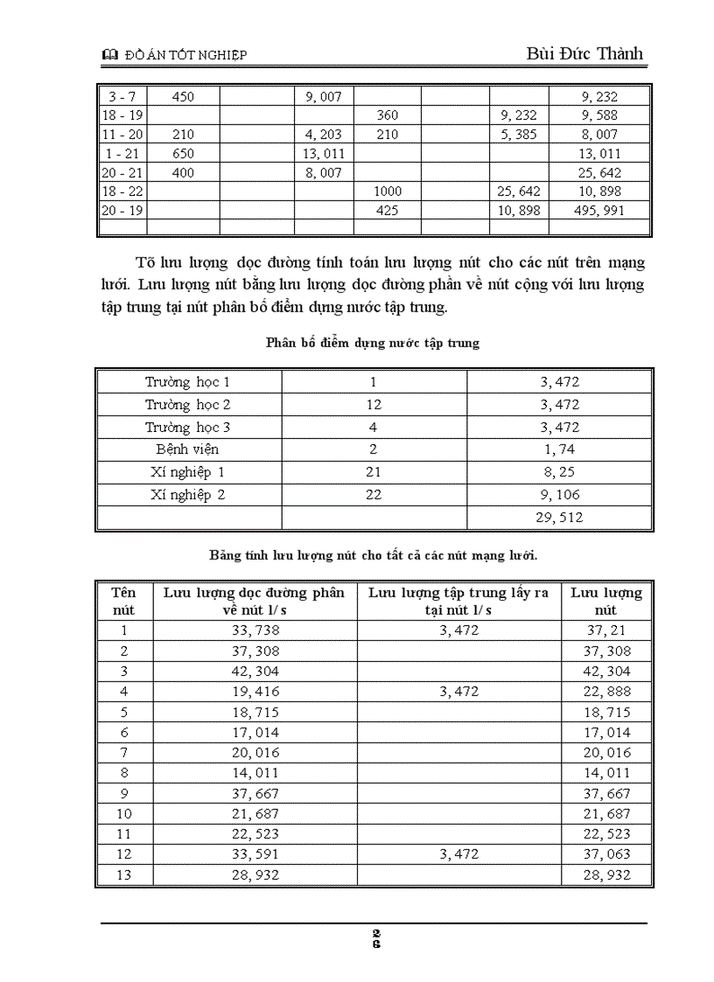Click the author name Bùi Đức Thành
(584, 53)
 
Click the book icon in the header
(109, 55)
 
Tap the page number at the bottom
(375, 937)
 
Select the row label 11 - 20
(122, 135)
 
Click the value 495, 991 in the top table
(599, 211)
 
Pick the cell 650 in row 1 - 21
(183, 154)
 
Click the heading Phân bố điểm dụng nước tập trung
(372, 343)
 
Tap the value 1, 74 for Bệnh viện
(559, 449)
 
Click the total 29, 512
(559, 518)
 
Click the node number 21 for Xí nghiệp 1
(374, 472)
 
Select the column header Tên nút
(123, 601)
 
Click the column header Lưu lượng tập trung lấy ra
(458, 601)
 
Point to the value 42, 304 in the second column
(254, 672)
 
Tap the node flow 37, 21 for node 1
(605, 630)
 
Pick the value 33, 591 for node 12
(254, 854)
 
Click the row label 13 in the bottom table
(123, 875)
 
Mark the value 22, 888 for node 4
(605, 692)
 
